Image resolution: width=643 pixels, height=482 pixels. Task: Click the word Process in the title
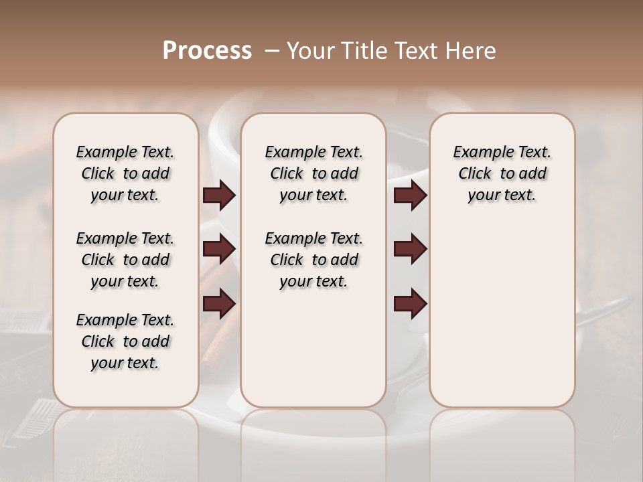click(207, 50)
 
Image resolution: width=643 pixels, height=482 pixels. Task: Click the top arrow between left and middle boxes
click(219, 195)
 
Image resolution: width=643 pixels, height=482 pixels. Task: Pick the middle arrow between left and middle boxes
click(219, 250)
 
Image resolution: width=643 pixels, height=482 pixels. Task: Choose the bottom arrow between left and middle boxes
click(219, 305)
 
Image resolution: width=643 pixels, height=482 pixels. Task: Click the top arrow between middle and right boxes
click(410, 195)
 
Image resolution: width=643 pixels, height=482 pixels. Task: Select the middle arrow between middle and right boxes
click(410, 250)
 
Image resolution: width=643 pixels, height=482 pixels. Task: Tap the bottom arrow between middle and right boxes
click(410, 305)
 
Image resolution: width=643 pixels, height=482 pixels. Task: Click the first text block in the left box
click(125, 173)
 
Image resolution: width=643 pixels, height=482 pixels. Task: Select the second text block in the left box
click(125, 260)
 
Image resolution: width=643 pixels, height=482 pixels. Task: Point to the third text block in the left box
click(125, 341)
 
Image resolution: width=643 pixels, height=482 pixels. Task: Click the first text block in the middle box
click(313, 173)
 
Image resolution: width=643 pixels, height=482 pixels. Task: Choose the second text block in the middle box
click(313, 260)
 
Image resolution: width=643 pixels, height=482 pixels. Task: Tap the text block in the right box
click(502, 173)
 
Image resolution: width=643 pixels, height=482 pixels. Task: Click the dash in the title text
click(272, 50)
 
